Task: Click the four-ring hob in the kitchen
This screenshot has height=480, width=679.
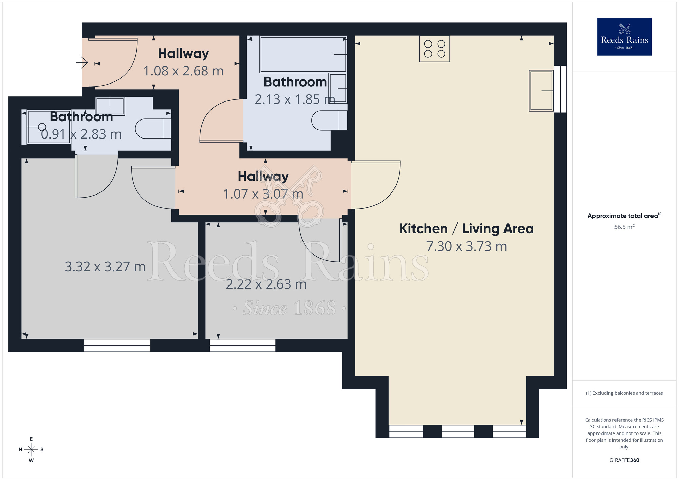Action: click(435, 49)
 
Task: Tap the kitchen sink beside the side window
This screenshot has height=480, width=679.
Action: click(541, 91)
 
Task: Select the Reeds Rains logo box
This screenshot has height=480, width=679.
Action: click(624, 37)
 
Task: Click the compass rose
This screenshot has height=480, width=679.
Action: click(31, 450)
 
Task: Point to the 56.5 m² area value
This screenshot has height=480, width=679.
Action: click(624, 227)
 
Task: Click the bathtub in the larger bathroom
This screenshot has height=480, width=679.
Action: click(302, 54)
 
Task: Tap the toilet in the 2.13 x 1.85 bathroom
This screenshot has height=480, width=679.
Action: click(329, 120)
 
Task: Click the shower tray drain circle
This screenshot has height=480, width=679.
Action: click(42, 127)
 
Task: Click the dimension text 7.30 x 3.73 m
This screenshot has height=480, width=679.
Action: click(466, 246)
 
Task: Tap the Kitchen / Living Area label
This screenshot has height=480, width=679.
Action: click(466, 229)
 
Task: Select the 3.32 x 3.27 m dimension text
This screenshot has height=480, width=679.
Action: click(105, 267)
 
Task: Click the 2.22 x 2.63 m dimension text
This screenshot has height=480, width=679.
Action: click(266, 284)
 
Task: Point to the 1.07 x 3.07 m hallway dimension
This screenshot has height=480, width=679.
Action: click(263, 194)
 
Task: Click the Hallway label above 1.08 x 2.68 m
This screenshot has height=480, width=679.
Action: click(183, 54)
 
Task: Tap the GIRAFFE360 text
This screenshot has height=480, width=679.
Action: click(624, 460)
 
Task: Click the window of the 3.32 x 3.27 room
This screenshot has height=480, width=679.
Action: click(117, 346)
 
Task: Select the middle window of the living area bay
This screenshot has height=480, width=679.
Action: click(457, 431)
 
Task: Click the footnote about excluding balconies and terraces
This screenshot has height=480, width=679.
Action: click(624, 393)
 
